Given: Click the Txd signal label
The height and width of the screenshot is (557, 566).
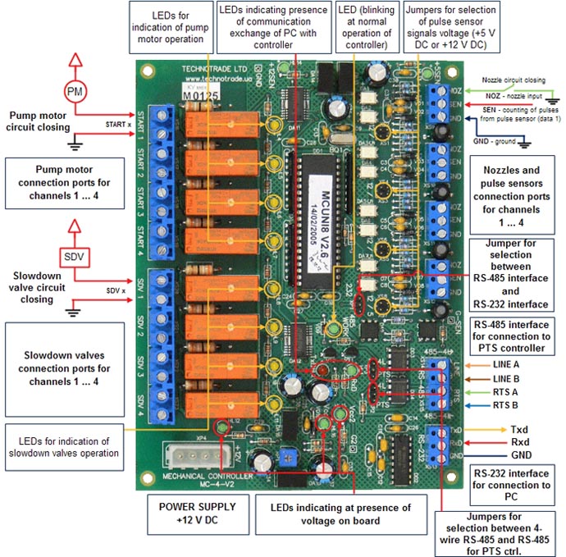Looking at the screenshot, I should click(x=519, y=429).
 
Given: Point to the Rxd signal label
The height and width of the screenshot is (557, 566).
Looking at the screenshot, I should click(x=519, y=441).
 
